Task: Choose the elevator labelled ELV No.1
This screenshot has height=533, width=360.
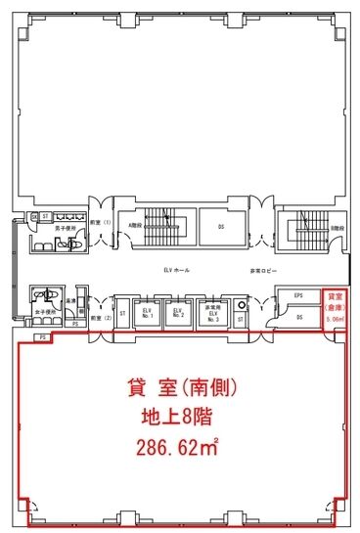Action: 148,314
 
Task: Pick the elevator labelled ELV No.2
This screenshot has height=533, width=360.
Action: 178,314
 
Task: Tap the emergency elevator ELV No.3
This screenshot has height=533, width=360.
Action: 210,313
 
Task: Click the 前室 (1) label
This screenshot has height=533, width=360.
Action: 98,222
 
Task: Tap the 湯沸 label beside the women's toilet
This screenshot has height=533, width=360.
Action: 71,300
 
